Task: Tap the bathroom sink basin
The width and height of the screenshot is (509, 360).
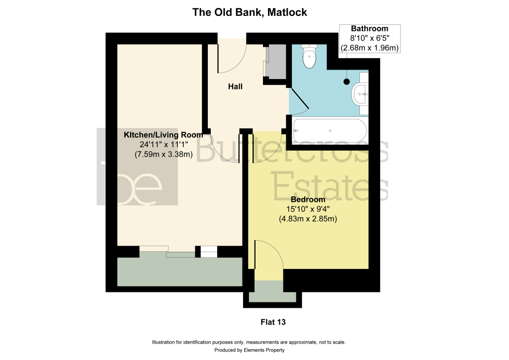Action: [x=359, y=94]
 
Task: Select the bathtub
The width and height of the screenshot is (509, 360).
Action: [x=330, y=130]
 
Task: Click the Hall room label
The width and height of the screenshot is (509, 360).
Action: [x=235, y=87]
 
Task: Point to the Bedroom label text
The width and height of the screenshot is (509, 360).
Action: [x=308, y=199]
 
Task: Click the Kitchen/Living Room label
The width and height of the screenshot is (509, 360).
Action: [x=163, y=135]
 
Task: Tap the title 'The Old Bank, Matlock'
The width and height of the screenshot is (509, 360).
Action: [x=250, y=12]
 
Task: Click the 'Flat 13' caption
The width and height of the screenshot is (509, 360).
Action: [x=273, y=322]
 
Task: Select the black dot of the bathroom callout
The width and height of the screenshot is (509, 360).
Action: [x=346, y=82]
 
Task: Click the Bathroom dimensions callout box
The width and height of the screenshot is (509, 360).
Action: [x=369, y=38]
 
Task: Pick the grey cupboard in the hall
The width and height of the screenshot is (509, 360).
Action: [x=275, y=61]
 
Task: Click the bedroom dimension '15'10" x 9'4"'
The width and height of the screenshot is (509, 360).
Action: [x=308, y=209]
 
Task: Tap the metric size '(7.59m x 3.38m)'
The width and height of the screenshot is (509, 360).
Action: [x=164, y=154]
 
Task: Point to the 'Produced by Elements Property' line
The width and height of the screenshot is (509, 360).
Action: [x=250, y=350]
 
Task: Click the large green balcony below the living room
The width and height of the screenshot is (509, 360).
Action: [x=179, y=271]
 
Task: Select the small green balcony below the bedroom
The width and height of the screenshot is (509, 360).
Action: [x=273, y=291]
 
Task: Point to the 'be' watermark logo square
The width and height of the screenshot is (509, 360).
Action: [x=137, y=167]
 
